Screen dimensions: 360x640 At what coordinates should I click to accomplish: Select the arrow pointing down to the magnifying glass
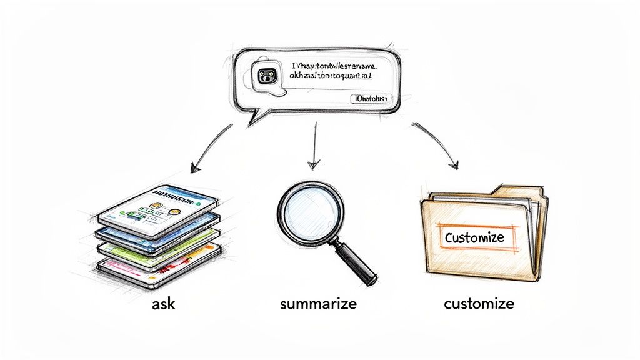tap(314, 150)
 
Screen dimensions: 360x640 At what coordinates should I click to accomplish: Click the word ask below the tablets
tap(164, 304)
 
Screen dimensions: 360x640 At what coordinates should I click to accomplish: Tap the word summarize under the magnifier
tap(319, 304)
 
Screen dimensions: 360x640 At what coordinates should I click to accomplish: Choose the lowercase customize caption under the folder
tap(479, 304)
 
